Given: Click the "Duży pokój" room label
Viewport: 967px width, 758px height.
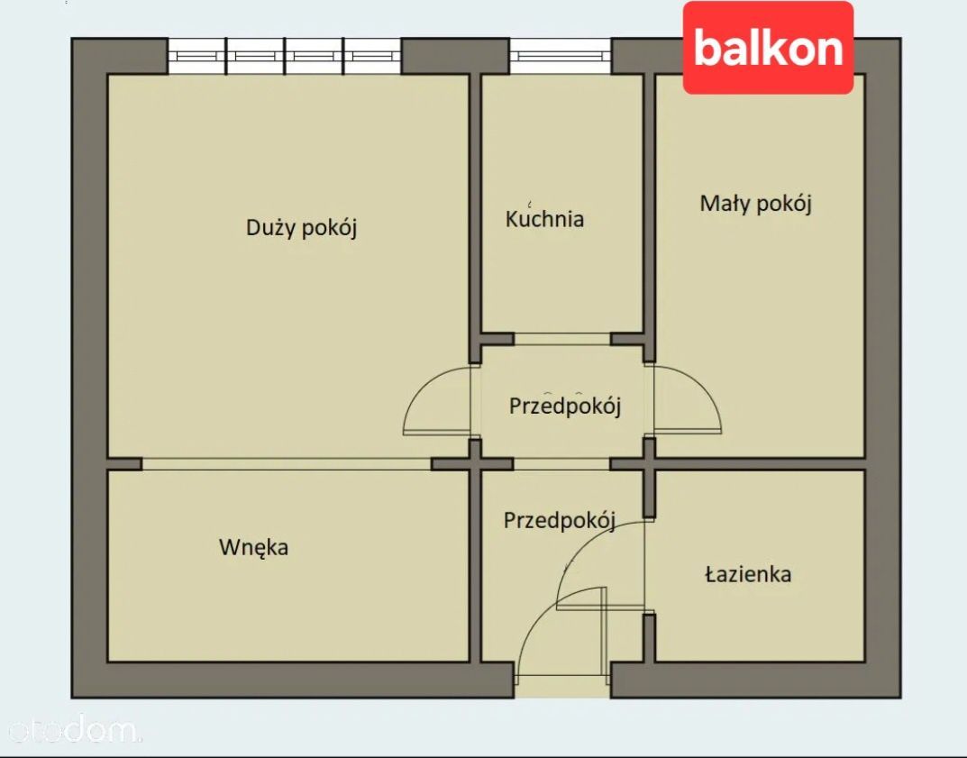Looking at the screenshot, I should (x=302, y=227).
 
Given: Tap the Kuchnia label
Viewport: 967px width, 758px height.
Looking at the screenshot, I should (x=544, y=219).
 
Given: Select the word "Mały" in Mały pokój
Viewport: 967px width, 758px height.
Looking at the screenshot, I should (x=725, y=204).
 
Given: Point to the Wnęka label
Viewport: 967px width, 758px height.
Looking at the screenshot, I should (x=253, y=547).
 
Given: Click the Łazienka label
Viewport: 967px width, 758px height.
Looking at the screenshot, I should (x=748, y=574).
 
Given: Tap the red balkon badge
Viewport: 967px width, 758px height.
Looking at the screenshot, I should (x=768, y=48).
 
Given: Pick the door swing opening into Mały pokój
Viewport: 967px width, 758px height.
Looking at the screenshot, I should (x=687, y=401).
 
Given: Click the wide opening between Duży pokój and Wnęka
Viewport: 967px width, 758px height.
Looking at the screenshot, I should (x=287, y=463).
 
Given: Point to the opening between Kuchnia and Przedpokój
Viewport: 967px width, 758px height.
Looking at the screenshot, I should (x=562, y=339).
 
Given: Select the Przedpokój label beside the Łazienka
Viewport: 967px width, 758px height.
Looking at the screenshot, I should (x=559, y=520).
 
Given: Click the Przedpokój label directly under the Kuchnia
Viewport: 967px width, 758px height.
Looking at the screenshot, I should (x=565, y=406).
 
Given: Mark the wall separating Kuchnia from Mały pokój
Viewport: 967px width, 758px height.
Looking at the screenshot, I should (x=649, y=203).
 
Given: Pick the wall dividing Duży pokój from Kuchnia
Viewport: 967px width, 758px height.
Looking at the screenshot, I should (x=475, y=207).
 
